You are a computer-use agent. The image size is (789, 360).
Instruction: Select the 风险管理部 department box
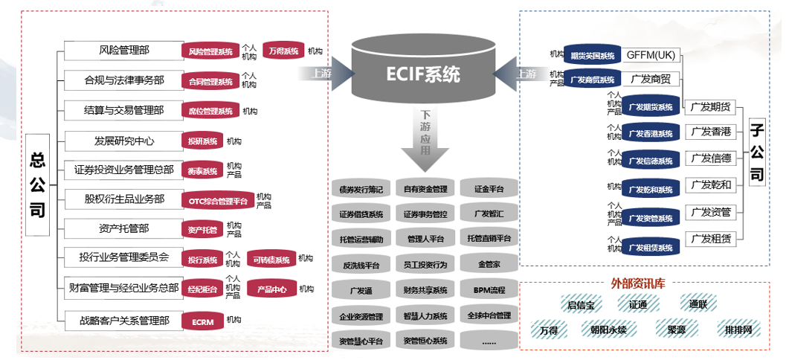(123, 51)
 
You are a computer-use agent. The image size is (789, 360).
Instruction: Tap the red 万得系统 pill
(283, 51)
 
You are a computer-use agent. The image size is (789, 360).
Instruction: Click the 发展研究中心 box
(123, 140)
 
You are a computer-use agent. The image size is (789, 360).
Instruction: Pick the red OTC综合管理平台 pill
(218, 201)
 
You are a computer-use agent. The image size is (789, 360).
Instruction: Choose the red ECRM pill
(203, 321)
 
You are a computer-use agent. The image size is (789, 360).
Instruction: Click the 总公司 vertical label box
(38, 185)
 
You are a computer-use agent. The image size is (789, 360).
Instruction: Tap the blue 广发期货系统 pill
(650, 107)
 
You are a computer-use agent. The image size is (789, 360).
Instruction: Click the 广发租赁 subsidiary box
(710, 239)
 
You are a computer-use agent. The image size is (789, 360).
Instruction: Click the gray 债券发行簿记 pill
(361, 190)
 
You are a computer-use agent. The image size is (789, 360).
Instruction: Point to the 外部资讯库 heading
(638, 283)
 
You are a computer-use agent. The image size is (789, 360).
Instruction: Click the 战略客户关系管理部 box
(123, 321)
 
